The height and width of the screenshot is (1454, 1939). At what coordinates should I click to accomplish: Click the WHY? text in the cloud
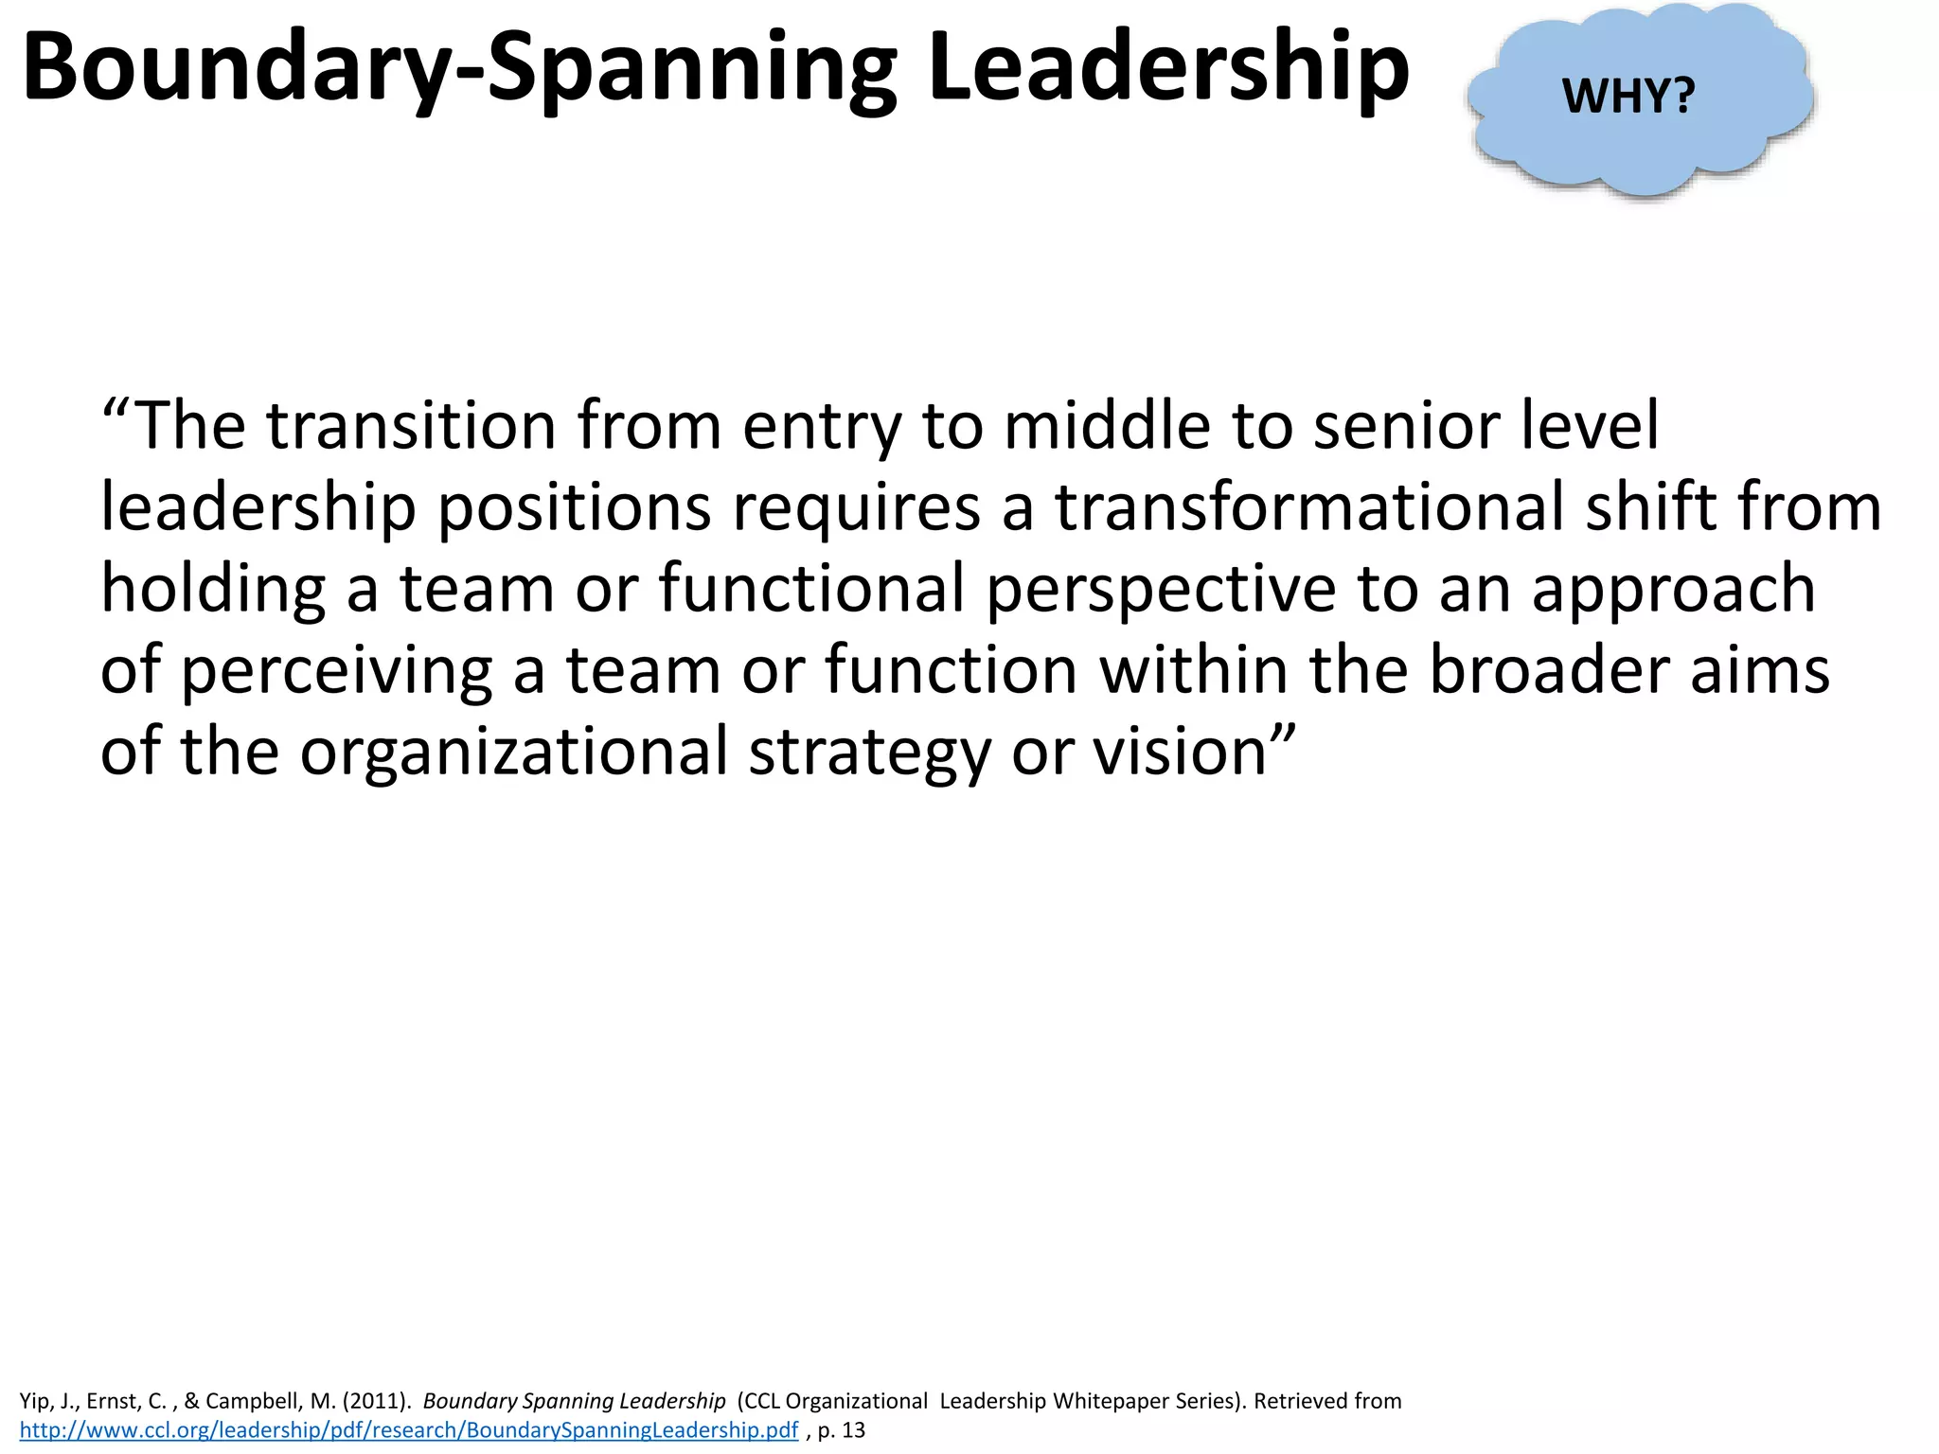(x=1628, y=96)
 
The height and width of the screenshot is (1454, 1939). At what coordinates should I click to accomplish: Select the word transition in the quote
(x=412, y=426)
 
